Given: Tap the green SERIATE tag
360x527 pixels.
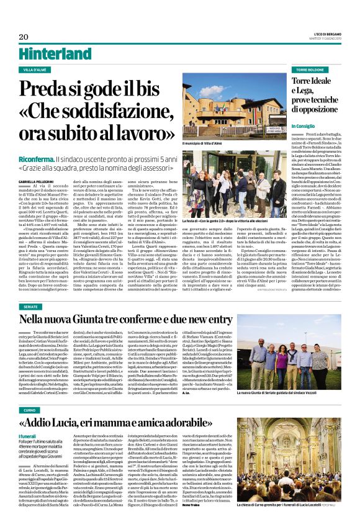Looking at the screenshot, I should click(30, 307).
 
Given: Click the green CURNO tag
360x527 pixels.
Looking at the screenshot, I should click(29, 393).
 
